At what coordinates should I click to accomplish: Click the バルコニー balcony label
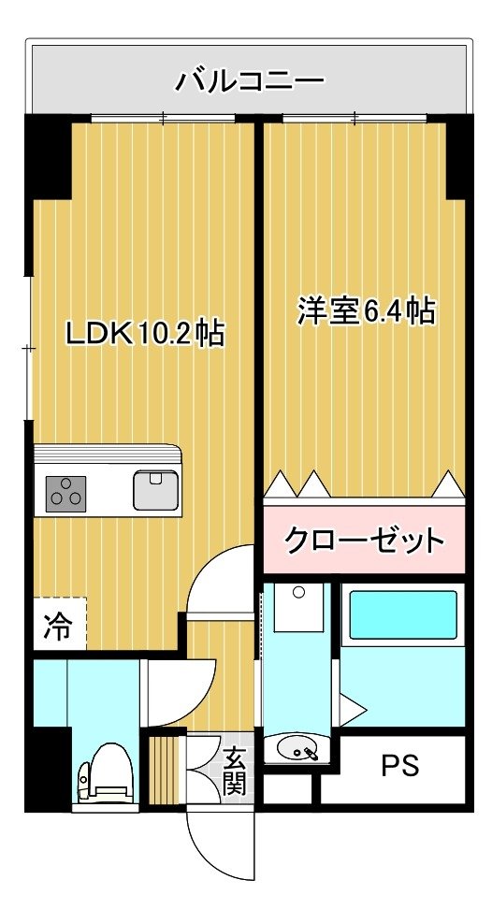tap(250, 80)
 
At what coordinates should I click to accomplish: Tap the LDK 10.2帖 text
tap(144, 335)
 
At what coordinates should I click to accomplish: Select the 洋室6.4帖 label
tap(366, 311)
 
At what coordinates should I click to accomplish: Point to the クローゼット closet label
tap(363, 540)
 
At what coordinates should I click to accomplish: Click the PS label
tap(400, 766)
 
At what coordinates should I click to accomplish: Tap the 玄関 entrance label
tap(235, 771)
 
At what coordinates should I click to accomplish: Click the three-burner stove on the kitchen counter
tap(65, 493)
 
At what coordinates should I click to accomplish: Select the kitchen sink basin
tap(155, 490)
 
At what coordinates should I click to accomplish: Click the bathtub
tap(403, 614)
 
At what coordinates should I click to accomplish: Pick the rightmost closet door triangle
tap(449, 483)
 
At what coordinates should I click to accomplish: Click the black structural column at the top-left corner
tap(48, 156)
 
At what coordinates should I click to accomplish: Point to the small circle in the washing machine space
tap(299, 592)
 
